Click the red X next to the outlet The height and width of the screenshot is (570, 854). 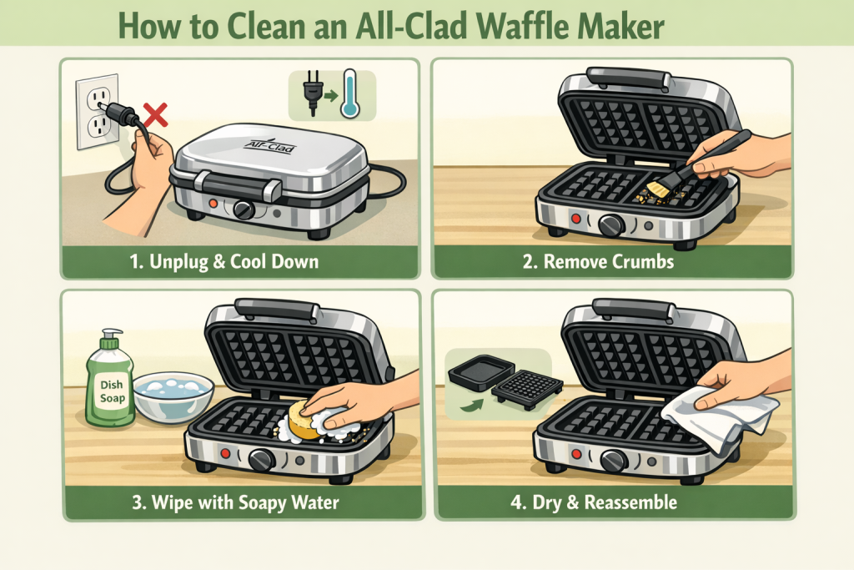pos(155,115)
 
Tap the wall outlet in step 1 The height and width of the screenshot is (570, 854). pos(97,112)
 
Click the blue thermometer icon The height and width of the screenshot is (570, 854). pos(349,93)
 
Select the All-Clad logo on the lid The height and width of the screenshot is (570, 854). pos(270,145)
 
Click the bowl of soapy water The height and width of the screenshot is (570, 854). pos(173,396)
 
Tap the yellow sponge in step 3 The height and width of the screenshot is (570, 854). pos(304,421)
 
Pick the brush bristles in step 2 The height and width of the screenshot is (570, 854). pos(658,189)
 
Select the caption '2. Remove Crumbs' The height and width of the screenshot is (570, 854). pos(598,261)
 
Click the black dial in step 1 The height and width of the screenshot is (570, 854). pos(243,209)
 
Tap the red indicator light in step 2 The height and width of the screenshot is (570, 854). pos(575,219)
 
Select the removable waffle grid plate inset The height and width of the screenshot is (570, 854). pos(527,389)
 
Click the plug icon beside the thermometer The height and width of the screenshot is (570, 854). pos(313,92)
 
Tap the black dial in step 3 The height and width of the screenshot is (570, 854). pos(261,460)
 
